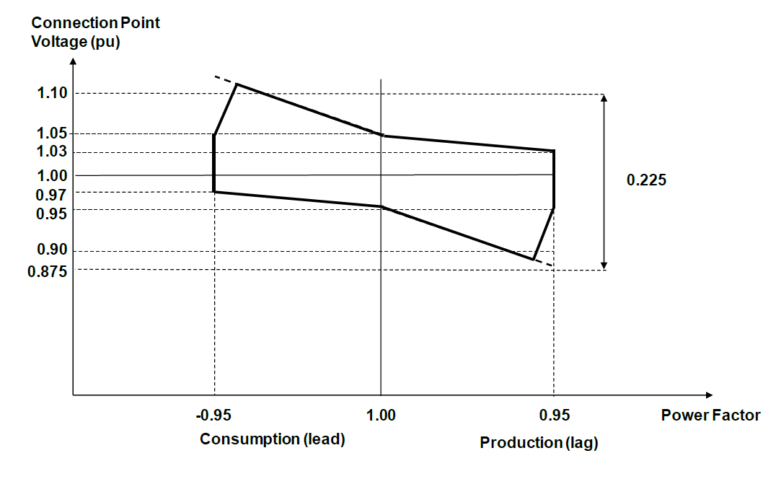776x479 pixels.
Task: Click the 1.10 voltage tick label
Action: tap(52, 93)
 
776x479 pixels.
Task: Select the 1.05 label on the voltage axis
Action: tap(52, 133)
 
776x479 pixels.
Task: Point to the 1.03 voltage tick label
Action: tap(52, 151)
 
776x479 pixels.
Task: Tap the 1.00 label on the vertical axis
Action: tap(52, 175)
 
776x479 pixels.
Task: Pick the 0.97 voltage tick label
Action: tap(52, 195)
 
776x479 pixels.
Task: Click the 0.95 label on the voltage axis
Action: tap(52, 214)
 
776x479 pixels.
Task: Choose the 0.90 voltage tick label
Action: tap(52, 250)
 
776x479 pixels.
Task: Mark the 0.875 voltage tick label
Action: tap(48, 272)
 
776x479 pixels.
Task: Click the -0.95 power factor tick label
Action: tap(213, 415)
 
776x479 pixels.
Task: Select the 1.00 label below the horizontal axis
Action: tap(381, 415)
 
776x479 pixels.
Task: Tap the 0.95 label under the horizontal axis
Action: tap(554, 415)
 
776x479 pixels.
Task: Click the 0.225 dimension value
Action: tap(646, 180)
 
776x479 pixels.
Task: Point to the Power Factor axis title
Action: tap(710, 415)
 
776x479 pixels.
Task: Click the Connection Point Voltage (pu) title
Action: tap(95, 32)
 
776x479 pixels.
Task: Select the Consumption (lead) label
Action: tap(273, 439)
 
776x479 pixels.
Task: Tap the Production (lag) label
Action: tap(539, 443)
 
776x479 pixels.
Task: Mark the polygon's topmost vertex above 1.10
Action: tap(237, 84)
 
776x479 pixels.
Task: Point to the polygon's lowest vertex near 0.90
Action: tap(533, 259)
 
